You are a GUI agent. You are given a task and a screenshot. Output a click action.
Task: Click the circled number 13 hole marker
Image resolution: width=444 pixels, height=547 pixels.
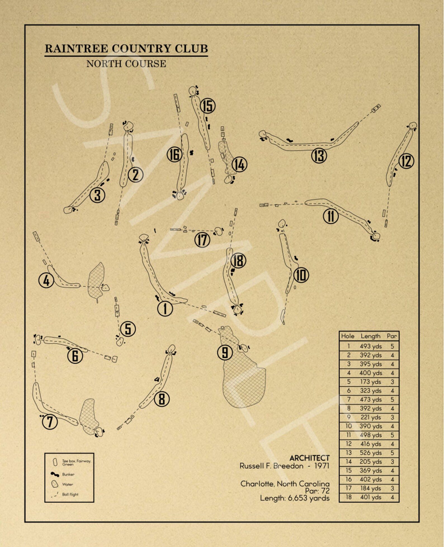319,156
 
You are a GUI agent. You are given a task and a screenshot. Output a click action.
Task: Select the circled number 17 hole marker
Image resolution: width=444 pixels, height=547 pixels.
202,240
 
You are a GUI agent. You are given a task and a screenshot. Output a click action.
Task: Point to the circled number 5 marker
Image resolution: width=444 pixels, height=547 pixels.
128,329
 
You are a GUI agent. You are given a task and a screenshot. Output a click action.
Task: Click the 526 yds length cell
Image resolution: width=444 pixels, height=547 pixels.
370,453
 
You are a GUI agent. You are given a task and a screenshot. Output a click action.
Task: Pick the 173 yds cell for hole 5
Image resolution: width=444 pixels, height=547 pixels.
370,382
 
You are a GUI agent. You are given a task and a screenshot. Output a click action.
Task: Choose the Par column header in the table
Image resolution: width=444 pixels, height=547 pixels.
392,336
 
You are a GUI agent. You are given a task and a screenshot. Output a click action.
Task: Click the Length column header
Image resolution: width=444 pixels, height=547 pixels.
370,336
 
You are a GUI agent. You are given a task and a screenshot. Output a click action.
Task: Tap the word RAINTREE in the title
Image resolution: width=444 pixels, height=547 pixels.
76,49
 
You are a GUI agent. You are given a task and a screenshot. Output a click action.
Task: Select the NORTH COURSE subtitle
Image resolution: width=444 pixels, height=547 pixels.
126,64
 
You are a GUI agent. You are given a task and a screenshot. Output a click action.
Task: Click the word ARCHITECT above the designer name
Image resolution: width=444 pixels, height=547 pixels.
310,458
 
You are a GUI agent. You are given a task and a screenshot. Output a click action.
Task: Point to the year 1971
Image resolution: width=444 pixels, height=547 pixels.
322,466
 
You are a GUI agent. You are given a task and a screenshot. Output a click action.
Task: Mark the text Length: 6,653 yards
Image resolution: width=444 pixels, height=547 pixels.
295,498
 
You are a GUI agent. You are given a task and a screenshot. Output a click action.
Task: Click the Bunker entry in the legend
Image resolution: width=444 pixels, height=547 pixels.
68,474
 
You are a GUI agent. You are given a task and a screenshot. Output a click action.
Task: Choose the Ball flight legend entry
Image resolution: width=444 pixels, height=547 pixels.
70,494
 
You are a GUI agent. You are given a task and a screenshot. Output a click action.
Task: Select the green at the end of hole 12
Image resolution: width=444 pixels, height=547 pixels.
413,125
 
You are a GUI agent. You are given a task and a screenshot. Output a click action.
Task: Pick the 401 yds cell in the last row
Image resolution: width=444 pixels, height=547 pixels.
370,497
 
